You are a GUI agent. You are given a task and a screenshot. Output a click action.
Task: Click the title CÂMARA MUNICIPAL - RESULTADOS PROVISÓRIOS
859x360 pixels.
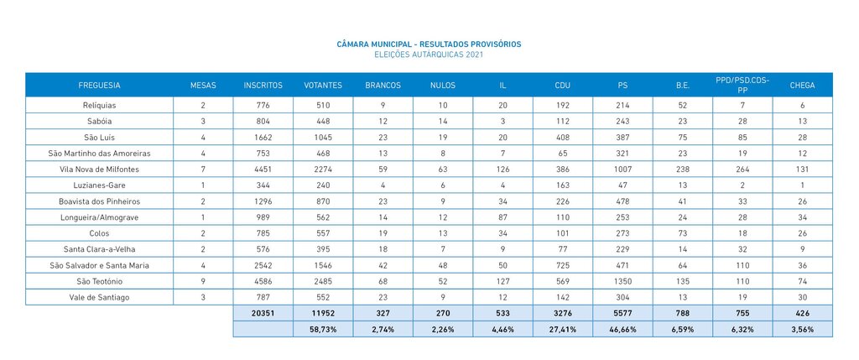click(x=429, y=44)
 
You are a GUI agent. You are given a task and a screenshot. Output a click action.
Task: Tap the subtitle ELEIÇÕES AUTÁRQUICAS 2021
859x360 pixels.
click(x=429, y=54)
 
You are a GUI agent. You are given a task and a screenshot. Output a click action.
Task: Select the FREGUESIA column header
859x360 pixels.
click(x=99, y=85)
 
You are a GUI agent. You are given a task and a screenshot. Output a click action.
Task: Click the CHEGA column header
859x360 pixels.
click(x=802, y=85)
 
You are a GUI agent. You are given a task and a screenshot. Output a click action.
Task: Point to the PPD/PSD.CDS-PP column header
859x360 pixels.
click(x=742, y=85)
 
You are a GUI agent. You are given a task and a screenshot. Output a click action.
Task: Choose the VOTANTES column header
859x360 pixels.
click(x=323, y=85)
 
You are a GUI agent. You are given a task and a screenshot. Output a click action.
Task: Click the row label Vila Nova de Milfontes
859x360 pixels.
click(x=99, y=169)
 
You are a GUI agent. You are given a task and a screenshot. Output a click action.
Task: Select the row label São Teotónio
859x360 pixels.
click(x=99, y=281)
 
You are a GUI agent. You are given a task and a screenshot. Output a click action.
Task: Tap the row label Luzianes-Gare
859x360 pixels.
click(x=99, y=185)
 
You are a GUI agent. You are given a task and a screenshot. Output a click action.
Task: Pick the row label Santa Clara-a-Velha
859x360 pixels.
click(x=99, y=249)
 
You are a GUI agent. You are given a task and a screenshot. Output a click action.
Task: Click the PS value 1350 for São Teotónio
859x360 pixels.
click(x=622, y=281)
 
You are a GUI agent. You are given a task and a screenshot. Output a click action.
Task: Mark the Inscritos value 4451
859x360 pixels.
click(x=263, y=169)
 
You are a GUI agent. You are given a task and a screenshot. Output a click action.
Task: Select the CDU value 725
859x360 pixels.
click(x=563, y=265)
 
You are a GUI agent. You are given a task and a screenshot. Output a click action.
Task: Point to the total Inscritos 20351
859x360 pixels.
click(x=263, y=313)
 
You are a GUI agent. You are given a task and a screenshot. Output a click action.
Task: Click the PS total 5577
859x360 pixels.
click(x=622, y=313)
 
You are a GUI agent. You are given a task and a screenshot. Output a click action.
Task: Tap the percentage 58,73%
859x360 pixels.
click(x=323, y=330)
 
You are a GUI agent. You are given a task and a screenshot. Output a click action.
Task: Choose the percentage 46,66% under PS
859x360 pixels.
click(x=622, y=330)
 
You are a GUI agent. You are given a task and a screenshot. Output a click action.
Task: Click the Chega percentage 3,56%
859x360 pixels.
click(x=802, y=330)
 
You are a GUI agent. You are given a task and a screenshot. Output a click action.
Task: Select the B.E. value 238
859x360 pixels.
click(x=683, y=169)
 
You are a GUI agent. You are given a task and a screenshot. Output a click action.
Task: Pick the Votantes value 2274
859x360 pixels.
click(x=323, y=169)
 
